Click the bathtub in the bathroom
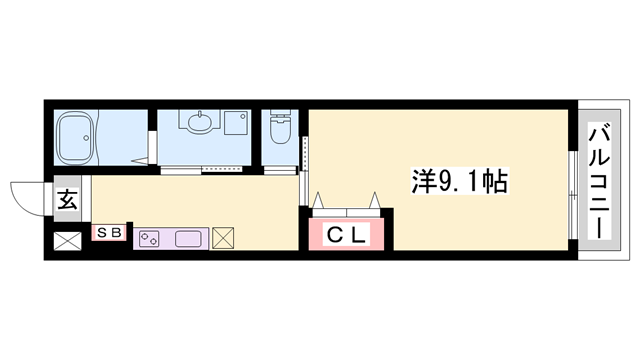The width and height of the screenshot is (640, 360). tap(75, 138)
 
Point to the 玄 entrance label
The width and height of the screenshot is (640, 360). tap(65, 199)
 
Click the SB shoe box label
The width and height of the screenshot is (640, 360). tap(109, 233)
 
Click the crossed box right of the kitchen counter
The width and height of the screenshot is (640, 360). tap(224, 239)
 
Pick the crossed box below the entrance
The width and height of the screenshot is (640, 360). tap(66, 241)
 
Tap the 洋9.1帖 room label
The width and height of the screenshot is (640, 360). tap(460, 183)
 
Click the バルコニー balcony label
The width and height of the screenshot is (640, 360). tap(600, 180)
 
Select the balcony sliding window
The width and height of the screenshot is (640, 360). tap(572, 195)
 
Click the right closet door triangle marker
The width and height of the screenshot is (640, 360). tap(376, 199)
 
